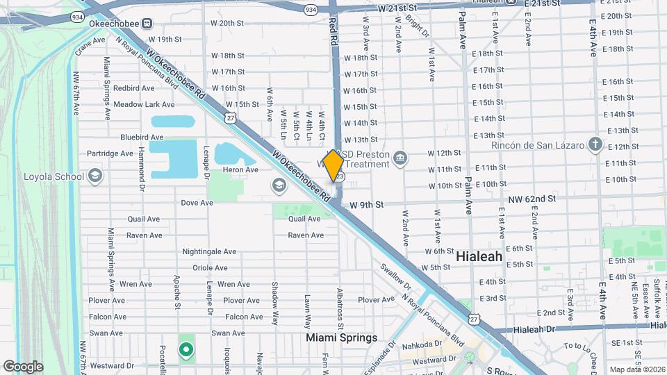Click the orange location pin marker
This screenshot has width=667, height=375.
(x=333, y=165)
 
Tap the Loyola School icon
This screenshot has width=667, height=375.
(x=95, y=176)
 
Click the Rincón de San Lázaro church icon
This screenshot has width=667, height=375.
(x=595, y=144)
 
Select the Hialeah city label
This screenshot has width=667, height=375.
(x=479, y=256)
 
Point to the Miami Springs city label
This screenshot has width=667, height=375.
(x=343, y=338)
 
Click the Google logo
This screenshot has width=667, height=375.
(x=23, y=366)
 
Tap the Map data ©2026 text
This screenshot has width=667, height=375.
(x=636, y=369)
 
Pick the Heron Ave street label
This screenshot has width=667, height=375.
(x=240, y=170)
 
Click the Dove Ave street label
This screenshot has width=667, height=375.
(x=197, y=203)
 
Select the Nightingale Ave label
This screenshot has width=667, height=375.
(x=209, y=251)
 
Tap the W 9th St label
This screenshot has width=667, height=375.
(x=366, y=205)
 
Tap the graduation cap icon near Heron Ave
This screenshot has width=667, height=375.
(x=279, y=185)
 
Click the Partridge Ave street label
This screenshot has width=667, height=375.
(x=110, y=153)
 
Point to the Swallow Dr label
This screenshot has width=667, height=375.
(x=395, y=275)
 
